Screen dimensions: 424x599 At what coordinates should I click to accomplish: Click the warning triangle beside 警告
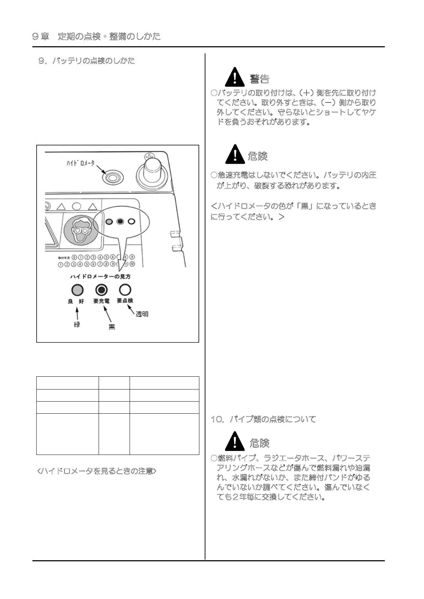click(x=235, y=77)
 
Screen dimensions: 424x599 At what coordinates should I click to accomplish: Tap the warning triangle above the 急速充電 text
click(x=235, y=155)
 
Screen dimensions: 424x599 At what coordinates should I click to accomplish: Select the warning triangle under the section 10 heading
click(x=235, y=442)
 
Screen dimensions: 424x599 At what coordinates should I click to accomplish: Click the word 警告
click(x=260, y=79)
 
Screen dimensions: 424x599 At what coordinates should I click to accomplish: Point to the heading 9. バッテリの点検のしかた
click(x=87, y=61)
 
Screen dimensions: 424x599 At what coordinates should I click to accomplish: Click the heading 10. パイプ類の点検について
click(x=263, y=419)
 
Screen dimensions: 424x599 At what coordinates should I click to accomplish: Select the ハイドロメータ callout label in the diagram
click(x=81, y=163)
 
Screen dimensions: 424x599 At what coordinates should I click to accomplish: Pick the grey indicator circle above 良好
click(x=77, y=290)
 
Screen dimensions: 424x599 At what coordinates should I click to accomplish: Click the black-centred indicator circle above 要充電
click(x=101, y=290)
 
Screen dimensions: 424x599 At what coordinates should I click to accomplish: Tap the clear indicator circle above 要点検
click(x=125, y=290)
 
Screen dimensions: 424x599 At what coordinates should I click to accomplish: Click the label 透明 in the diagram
click(x=142, y=314)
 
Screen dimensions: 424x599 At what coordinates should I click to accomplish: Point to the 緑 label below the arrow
click(x=77, y=324)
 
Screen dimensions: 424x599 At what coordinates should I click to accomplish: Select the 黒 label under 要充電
click(x=111, y=327)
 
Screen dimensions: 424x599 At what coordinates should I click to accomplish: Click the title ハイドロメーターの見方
click(x=100, y=276)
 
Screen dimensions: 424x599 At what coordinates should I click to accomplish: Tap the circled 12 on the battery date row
click(x=132, y=264)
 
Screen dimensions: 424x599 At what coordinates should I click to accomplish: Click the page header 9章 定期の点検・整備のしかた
click(x=96, y=36)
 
